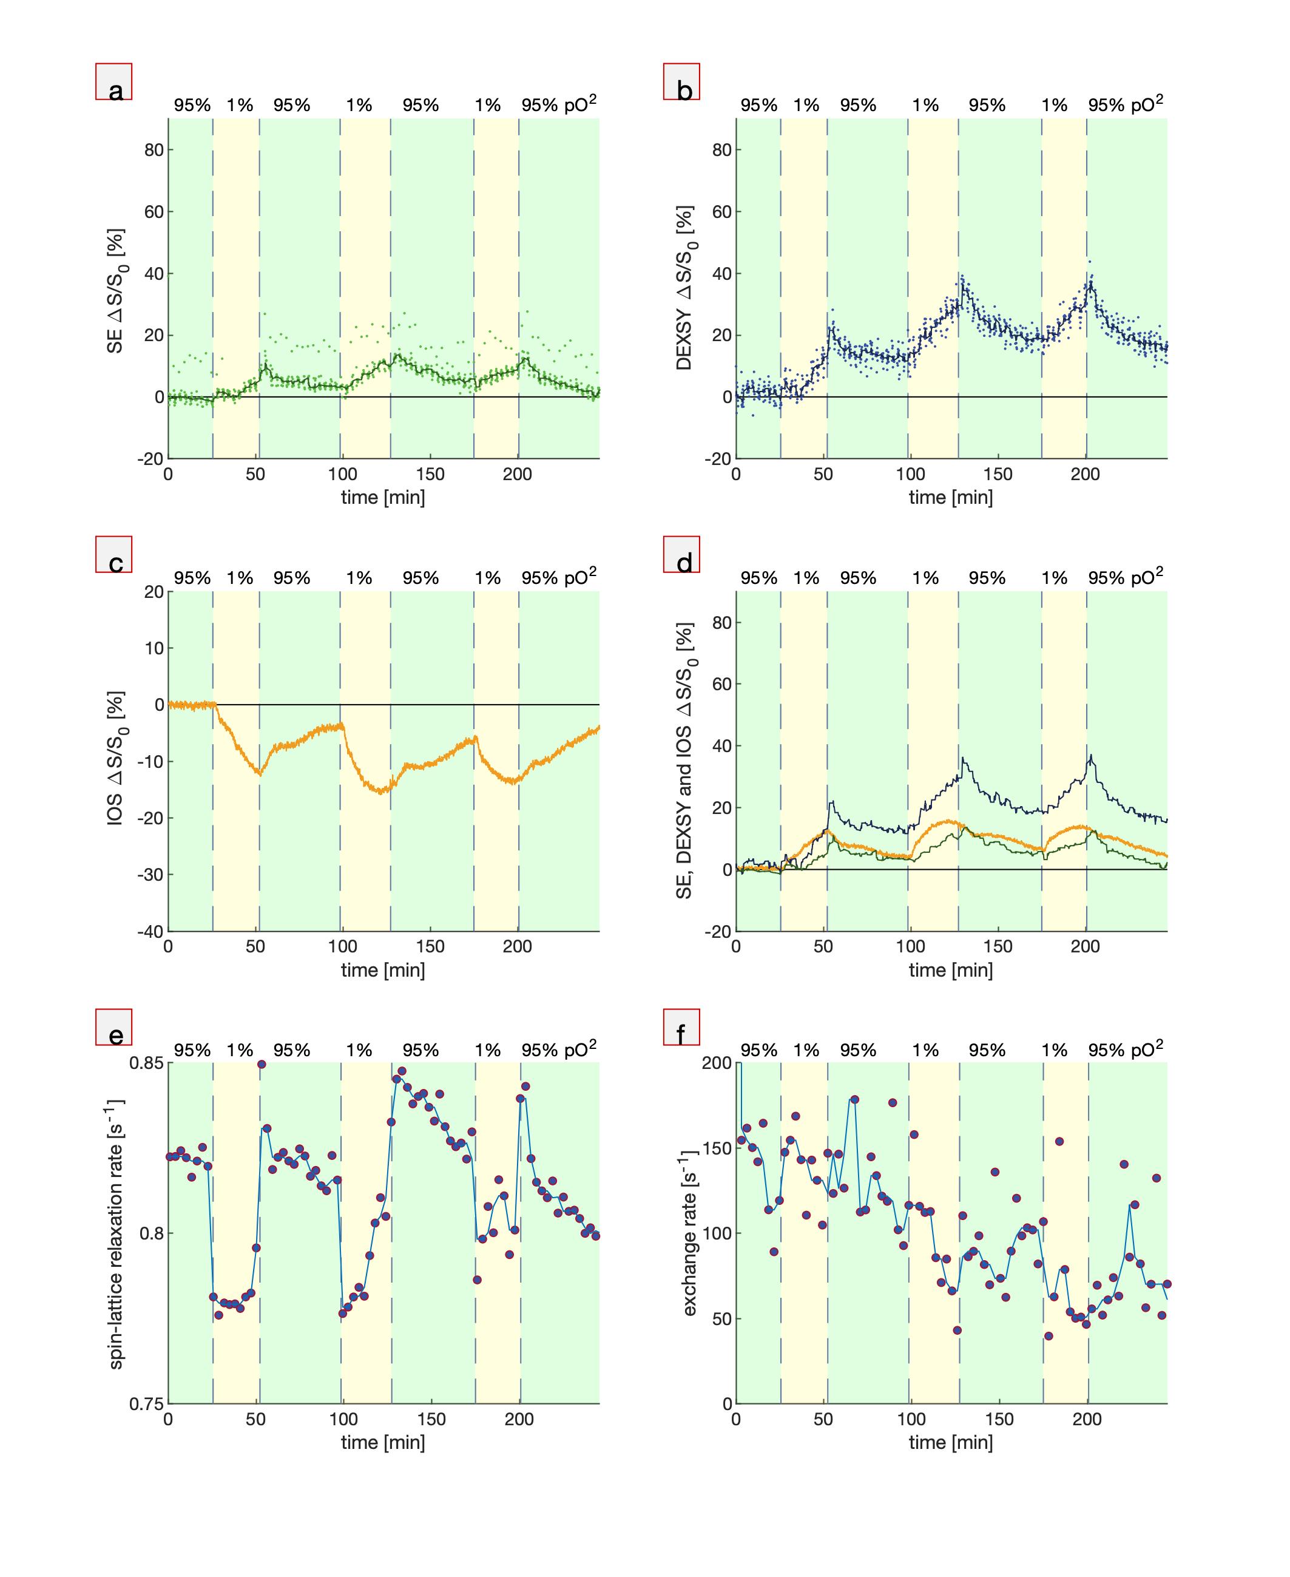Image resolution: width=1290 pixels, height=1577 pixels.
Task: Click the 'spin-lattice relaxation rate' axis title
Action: pyautogui.click(x=117, y=1232)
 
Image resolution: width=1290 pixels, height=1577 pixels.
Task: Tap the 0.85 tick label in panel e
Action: pyautogui.click(x=146, y=1063)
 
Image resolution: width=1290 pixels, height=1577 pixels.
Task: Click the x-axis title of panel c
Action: pyautogui.click(x=383, y=969)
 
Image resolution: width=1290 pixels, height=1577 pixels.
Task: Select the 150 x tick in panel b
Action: pyautogui.click(x=998, y=474)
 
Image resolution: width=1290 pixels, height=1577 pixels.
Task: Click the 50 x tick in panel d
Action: pyautogui.click(x=823, y=947)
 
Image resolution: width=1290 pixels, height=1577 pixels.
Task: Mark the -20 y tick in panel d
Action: pyautogui.click(x=718, y=931)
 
